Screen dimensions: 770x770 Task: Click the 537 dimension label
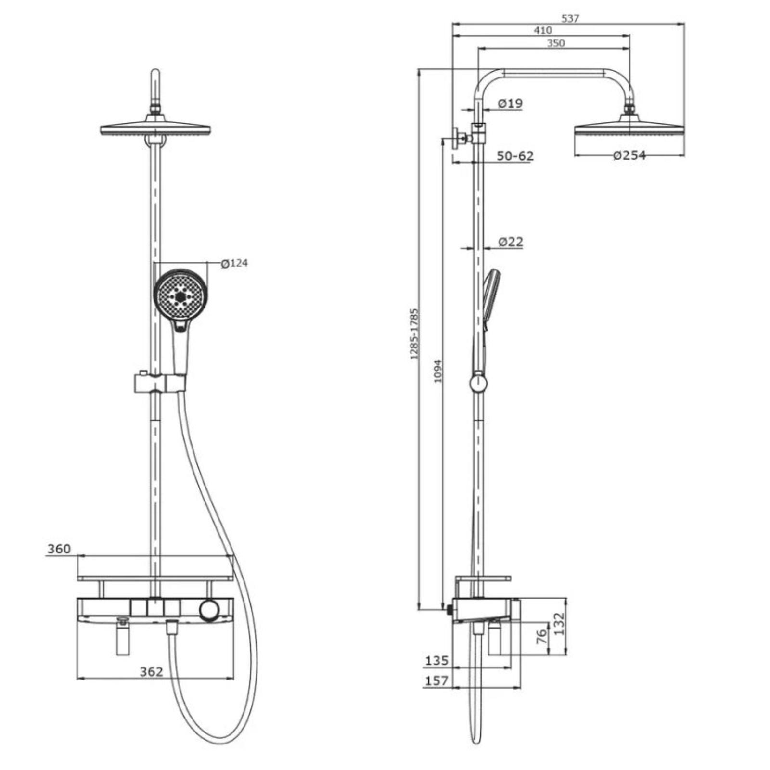point(570,18)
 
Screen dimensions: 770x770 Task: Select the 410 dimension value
point(543,30)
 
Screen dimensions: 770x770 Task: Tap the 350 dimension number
point(555,43)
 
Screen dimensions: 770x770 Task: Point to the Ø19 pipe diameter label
point(510,103)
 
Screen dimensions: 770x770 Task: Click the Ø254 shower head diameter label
point(629,155)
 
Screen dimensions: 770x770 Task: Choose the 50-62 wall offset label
point(515,156)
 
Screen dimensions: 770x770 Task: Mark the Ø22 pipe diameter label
point(510,242)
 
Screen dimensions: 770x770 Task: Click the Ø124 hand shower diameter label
point(234,263)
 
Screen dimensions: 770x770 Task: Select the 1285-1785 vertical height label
point(414,334)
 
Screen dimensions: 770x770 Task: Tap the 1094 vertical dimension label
point(437,371)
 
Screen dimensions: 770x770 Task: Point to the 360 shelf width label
point(59,549)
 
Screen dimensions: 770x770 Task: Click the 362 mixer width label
point(152,671)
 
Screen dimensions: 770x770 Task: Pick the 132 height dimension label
point(559,624)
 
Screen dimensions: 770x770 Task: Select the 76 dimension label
point(542,637)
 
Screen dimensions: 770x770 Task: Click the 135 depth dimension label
point(436,661)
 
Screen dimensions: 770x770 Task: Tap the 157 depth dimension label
point(436,681)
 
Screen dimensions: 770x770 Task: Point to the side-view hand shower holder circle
point(478,384)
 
